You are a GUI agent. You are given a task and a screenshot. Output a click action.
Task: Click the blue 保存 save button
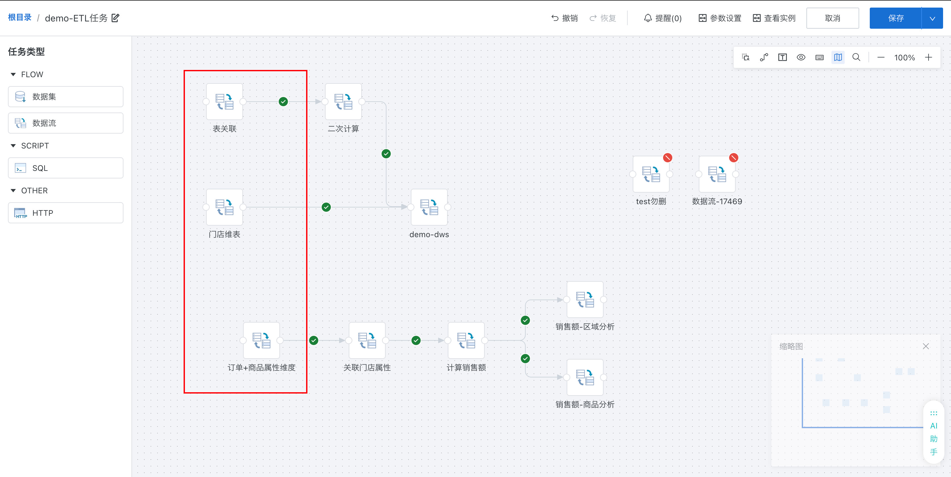(896, 18)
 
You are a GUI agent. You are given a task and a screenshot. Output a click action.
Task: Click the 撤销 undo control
(564, 18)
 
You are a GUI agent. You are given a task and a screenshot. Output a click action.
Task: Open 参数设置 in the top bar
(720, 18)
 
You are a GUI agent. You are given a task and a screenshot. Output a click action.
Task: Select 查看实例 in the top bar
(774, 18)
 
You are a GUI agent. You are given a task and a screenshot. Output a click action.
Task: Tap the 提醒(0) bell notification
(663, 18)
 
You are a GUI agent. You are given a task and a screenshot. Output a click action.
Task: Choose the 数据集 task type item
(66, 97)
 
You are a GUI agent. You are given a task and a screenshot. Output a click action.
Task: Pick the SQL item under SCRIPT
(66, 168)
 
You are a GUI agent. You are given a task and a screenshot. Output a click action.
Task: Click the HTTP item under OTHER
(66, 213)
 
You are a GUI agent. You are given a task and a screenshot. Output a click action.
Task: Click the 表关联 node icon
(225, 102)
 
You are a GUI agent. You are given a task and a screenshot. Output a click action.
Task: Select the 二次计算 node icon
(343, 102)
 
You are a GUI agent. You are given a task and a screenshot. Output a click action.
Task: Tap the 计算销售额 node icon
(466, 340)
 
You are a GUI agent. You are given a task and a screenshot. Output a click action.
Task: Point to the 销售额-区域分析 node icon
(585, 300)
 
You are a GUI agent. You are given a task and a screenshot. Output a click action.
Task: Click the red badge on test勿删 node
(667, 158)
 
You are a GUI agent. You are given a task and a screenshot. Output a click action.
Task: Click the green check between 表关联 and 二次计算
(283, 102)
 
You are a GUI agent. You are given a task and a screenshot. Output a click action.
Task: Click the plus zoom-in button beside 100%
(929, 57)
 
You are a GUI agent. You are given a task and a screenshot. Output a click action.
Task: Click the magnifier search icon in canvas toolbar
(856, 57)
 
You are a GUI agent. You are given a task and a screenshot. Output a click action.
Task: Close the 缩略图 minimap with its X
(926, 346)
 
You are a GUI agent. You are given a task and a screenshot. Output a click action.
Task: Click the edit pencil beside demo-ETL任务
(116, 18)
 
